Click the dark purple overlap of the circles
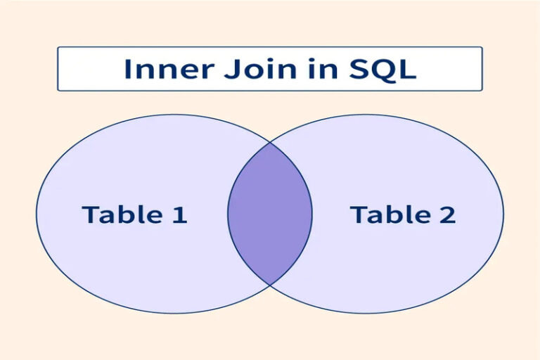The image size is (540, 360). (270, 214)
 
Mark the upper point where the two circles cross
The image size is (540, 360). (270, 143)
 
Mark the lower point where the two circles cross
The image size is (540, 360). (270, 284)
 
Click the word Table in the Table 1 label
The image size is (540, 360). (122, 214)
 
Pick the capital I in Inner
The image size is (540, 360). (128, 69)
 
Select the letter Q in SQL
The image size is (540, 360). (379, 70)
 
